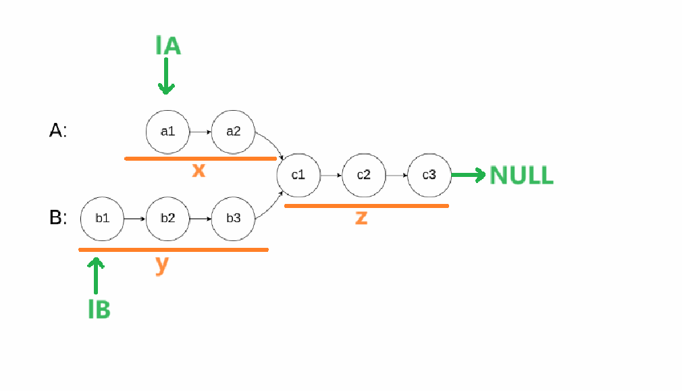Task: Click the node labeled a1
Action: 167,132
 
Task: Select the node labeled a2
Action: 233,132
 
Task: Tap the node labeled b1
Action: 102,218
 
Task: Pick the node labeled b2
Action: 167,218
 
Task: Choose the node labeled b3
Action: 233,218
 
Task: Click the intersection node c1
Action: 298,175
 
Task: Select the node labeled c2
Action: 364,175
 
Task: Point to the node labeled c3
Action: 429,175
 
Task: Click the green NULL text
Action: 521,175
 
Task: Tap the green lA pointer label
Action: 167,45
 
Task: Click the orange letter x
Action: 198,171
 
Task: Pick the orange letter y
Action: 161,264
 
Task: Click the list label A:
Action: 58,131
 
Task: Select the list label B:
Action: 58,217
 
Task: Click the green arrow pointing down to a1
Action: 166,76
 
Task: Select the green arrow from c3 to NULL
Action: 468,176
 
